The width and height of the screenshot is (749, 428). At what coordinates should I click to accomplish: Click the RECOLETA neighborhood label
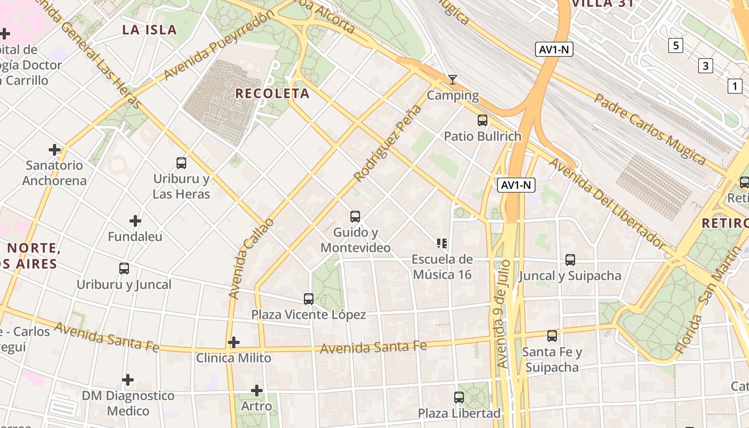272,94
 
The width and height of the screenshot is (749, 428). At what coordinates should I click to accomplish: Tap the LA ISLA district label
149,29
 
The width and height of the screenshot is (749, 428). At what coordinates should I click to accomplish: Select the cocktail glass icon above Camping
453,80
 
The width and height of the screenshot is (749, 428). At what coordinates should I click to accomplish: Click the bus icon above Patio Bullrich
483,120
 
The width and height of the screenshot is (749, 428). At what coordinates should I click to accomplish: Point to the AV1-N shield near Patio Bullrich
516,185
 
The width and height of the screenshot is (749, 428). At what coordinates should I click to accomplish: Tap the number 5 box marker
676,45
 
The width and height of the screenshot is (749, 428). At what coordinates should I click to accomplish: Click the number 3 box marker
706,66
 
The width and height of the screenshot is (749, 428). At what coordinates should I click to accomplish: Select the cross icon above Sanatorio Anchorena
55,150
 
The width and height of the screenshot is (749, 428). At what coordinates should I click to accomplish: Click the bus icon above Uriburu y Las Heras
181,163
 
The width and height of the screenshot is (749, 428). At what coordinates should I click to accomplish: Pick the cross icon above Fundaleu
135,220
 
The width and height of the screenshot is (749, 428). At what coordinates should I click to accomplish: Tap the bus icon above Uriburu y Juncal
124,269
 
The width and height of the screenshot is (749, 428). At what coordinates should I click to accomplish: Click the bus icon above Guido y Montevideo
355,217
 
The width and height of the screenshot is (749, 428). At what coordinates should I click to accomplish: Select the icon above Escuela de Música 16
442,244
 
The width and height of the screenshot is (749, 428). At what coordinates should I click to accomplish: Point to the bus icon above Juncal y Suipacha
570,260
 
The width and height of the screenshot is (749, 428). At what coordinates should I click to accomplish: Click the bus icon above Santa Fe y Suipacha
552,336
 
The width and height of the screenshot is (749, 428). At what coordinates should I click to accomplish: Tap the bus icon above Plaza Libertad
459,398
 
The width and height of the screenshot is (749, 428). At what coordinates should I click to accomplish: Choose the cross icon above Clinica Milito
234,342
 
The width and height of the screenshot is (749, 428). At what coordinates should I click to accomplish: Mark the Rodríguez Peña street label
387,143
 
